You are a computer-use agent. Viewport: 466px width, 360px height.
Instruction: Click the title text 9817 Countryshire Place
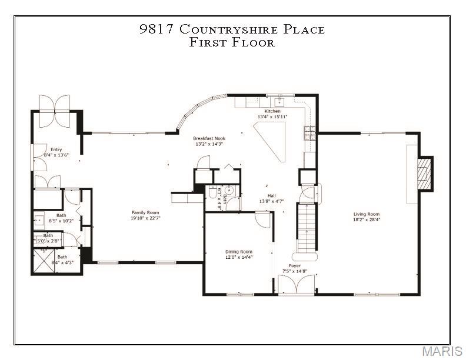[x=232, y=29]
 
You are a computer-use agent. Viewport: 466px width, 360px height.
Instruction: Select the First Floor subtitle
[x=232, y=42]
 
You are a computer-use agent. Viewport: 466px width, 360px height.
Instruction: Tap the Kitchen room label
[x=272, y=111]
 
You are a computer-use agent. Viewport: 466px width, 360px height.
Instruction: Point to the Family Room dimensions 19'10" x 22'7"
[x=145, y=218]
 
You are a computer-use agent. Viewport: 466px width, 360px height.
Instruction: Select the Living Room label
[x=366, y=214]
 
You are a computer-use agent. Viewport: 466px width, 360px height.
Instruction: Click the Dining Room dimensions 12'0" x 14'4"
[x=239, y=257]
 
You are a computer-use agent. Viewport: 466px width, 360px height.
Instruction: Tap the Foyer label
[x=295, y=266]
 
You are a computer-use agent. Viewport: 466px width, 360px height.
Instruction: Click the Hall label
[x=271, y=196]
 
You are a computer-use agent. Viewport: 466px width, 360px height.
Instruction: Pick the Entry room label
[x=56, y=149]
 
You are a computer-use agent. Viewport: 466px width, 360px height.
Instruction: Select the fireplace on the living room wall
[x=424, y=174]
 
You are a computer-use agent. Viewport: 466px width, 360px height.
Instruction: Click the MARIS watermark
[x=441, y=351]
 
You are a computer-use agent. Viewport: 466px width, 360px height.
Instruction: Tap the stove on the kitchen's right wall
[x=309, y=133]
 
